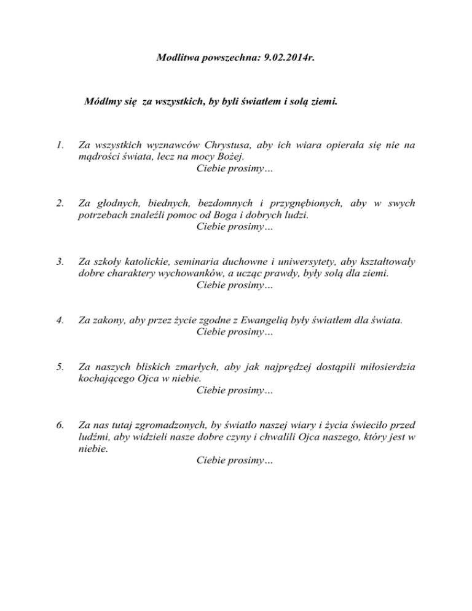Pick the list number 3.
pos(58,262)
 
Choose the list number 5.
pos(58,367)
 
